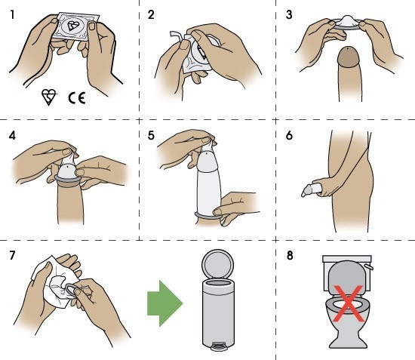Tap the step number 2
(x=149, y=15)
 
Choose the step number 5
(x=149, y=137)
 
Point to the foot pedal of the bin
(x=218, y=347)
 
